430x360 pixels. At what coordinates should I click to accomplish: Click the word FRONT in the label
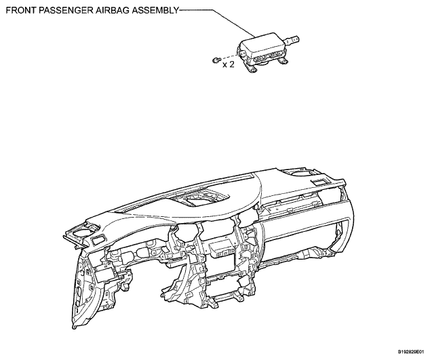point(20,10)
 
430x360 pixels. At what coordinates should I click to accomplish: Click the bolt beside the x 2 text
point(216,60)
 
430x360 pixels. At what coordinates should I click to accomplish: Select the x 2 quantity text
point(229,64)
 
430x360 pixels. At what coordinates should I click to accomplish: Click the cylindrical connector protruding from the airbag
point(292,41)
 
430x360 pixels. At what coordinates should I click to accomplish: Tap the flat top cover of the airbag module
point(262,43)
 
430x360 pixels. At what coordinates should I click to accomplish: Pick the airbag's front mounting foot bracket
point(251,68)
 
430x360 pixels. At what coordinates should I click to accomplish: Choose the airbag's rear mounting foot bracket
point(282,62)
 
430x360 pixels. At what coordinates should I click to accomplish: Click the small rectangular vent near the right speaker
point(319,182)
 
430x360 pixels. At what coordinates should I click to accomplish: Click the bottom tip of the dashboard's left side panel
point(74,327)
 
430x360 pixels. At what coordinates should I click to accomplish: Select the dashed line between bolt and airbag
point(229,56)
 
